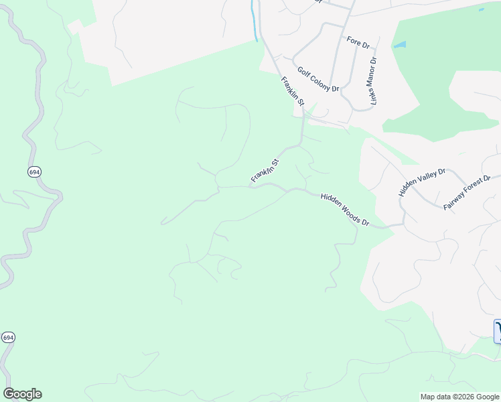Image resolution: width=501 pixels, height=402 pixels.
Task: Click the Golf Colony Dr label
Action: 318,79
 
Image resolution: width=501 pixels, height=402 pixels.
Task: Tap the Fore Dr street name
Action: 358,42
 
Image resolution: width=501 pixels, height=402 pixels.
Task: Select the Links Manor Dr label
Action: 373,80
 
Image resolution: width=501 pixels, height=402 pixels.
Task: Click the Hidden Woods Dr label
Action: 345,209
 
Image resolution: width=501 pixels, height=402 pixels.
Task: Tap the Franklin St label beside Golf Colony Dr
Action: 293,92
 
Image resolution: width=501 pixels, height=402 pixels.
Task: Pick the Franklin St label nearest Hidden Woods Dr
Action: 265,170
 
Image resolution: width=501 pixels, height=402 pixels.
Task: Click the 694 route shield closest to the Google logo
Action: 8,337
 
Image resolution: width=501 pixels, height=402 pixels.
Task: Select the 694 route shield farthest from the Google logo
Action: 34,172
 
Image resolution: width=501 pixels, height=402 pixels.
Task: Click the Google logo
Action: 22,394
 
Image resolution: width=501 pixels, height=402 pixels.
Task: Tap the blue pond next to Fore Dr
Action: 399,45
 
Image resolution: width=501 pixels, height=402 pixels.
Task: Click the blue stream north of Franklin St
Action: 254,20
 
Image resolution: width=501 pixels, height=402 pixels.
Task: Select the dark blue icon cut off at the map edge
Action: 498,332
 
